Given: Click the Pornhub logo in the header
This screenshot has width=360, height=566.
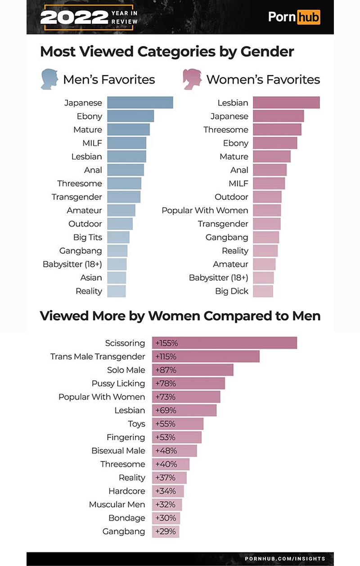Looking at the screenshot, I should click(x=294, y=17).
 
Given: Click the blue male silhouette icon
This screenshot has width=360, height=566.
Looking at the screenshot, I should click(x=49, y=79).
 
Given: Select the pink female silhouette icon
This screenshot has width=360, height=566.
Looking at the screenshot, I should click(x=192, y=79).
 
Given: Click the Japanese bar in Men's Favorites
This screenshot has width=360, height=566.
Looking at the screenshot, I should click(x=140, y=103).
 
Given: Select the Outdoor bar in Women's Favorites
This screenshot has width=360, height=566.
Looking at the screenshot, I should click(x=267, y=197).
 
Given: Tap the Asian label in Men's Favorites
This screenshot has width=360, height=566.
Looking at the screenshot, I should click(x=91, y=278).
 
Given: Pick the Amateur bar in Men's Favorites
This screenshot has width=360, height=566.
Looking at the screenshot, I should click(x=121, y=210).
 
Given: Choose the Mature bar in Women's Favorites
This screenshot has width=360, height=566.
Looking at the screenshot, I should click(x=272, y=157).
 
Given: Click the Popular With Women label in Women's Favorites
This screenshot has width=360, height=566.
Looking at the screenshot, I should click(x=205, y=210).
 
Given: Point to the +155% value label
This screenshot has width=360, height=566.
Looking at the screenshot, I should click(x=166, y=343).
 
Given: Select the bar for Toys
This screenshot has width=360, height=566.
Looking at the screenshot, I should click(x=178, y=424).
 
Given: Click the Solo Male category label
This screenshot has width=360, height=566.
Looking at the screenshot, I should click(x=126, y=370).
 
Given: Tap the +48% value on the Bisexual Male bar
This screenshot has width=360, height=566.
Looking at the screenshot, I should click(x=166, y=451).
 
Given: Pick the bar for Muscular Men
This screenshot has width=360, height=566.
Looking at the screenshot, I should click(x=167, y=504).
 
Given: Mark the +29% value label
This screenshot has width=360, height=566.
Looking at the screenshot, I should click(x=165, y=531).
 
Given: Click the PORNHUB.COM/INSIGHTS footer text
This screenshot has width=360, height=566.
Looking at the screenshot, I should click(x=285, y=558).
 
